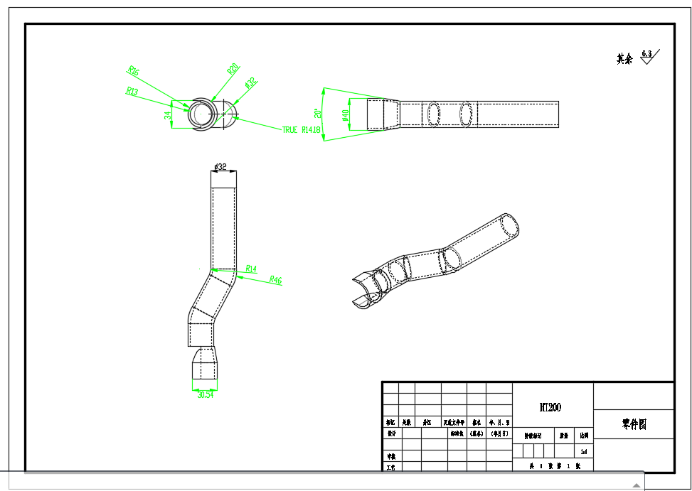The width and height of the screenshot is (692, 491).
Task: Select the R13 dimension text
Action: click(x=132, y=91)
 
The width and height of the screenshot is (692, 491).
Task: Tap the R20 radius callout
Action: click(x=232, y=70)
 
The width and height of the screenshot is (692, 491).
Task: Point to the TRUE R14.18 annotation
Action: click(x=302, y=130)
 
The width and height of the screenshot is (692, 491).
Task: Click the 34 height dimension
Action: click(x=168, y=115)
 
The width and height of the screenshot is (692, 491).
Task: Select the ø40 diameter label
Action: click(x=346, y=114)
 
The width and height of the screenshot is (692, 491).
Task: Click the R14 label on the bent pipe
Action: click(x=251, y=269)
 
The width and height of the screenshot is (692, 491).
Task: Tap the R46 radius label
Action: click(x=275, y=281)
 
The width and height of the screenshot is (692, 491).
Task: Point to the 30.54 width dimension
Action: click(x=205, y=394)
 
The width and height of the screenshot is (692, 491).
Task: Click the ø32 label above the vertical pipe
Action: click(x=220, y=167)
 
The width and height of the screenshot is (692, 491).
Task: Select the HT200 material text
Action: click(x=550, y=407)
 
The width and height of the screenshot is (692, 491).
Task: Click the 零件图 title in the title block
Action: click(x=633, y=424)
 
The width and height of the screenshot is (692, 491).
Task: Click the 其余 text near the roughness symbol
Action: click(x=624, y=59)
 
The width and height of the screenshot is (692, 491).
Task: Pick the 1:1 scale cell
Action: click(x=584, y=451)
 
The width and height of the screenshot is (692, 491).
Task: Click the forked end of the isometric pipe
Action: click(x=363, y=291)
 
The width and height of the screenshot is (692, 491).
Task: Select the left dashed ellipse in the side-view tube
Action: click(x=433, y=114)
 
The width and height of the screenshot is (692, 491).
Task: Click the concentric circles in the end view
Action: click(x=200, y=114)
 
